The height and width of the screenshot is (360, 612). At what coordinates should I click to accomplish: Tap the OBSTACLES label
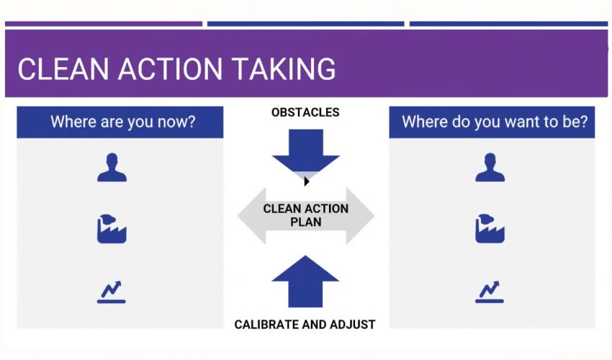click(x=305, y=112)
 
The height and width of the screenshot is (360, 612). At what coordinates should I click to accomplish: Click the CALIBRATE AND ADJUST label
click(x=305, y=325)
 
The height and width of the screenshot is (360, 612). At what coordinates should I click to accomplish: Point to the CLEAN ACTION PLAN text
click(x=305, y=215)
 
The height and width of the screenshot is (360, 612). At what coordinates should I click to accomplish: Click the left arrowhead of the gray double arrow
click(x=249, y=215)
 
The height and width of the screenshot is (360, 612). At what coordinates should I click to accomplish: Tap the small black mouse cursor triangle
click(x=307, y=181)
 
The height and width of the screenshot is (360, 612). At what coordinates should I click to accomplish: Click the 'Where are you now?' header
click(x=120, y=122)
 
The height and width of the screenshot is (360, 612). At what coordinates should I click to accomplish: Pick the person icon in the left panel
click(x=112, y=168)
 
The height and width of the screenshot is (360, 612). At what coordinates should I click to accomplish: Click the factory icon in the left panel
click(x=112, y=228)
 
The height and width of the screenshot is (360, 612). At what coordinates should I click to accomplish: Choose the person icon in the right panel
click(x=490, y=168)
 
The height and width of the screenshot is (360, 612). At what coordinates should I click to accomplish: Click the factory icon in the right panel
click(x=490, y=228)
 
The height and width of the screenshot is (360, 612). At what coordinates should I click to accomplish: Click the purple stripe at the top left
click(x=104, y=24)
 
